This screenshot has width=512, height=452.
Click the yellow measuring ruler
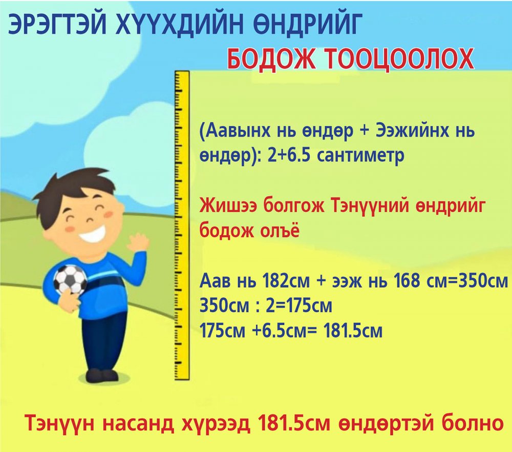coord(182,225)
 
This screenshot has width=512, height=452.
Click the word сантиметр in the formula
coord(360,155)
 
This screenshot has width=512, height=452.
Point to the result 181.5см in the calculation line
coord(353,331)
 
